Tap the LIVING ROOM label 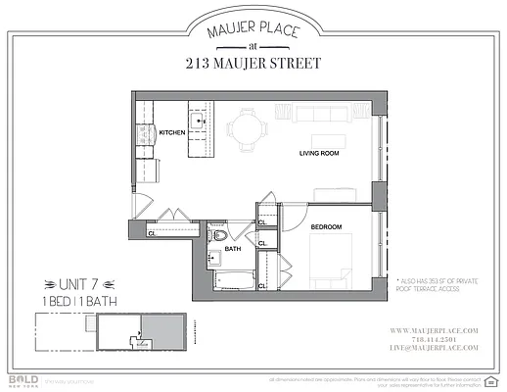pyautogui.click(x=319, y=154)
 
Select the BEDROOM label pyautogui.click(x=326, y=227)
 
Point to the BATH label pyautogui.click(x=232, y=249)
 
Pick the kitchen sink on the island pyautogui.click(x=196, y=122)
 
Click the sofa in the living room pyautogui.click(x=327, y=115)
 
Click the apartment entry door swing pyautogui.click(x=142, y=209)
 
